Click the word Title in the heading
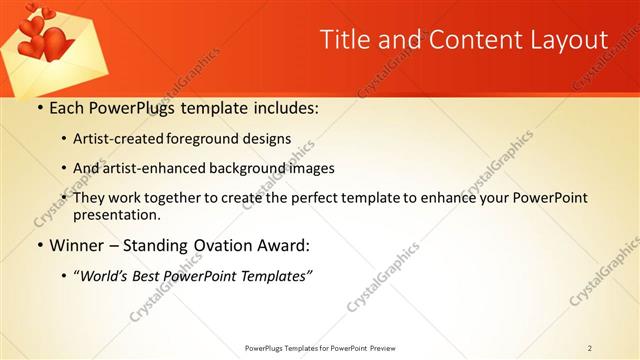[342, 39]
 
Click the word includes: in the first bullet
[282, 106]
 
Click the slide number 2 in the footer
[589, 347]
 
